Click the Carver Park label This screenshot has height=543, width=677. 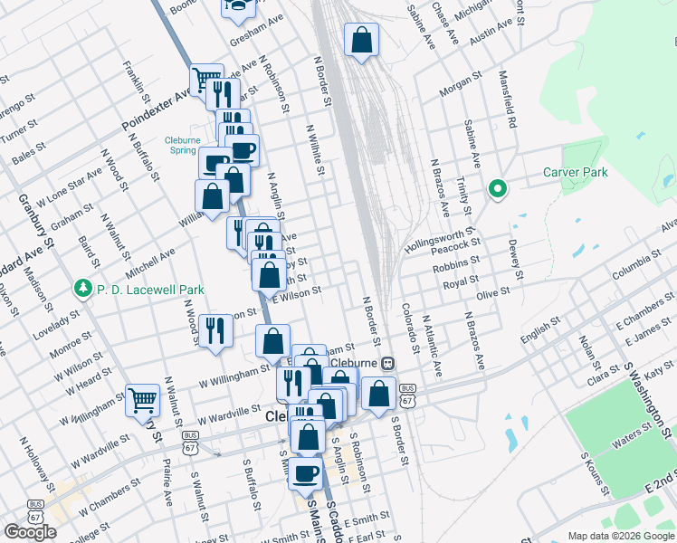(575, 172)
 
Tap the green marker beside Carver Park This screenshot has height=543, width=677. (497, 190)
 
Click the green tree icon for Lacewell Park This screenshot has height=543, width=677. (82, 289)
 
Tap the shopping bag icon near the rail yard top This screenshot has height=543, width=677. (361, 40)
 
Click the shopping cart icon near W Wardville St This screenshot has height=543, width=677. (143, 399)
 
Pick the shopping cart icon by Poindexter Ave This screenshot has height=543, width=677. (205, 80)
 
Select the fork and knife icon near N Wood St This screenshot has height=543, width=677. (215, 330)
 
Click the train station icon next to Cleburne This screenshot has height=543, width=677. (387, 363)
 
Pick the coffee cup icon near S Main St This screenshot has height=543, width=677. (307, 472)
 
